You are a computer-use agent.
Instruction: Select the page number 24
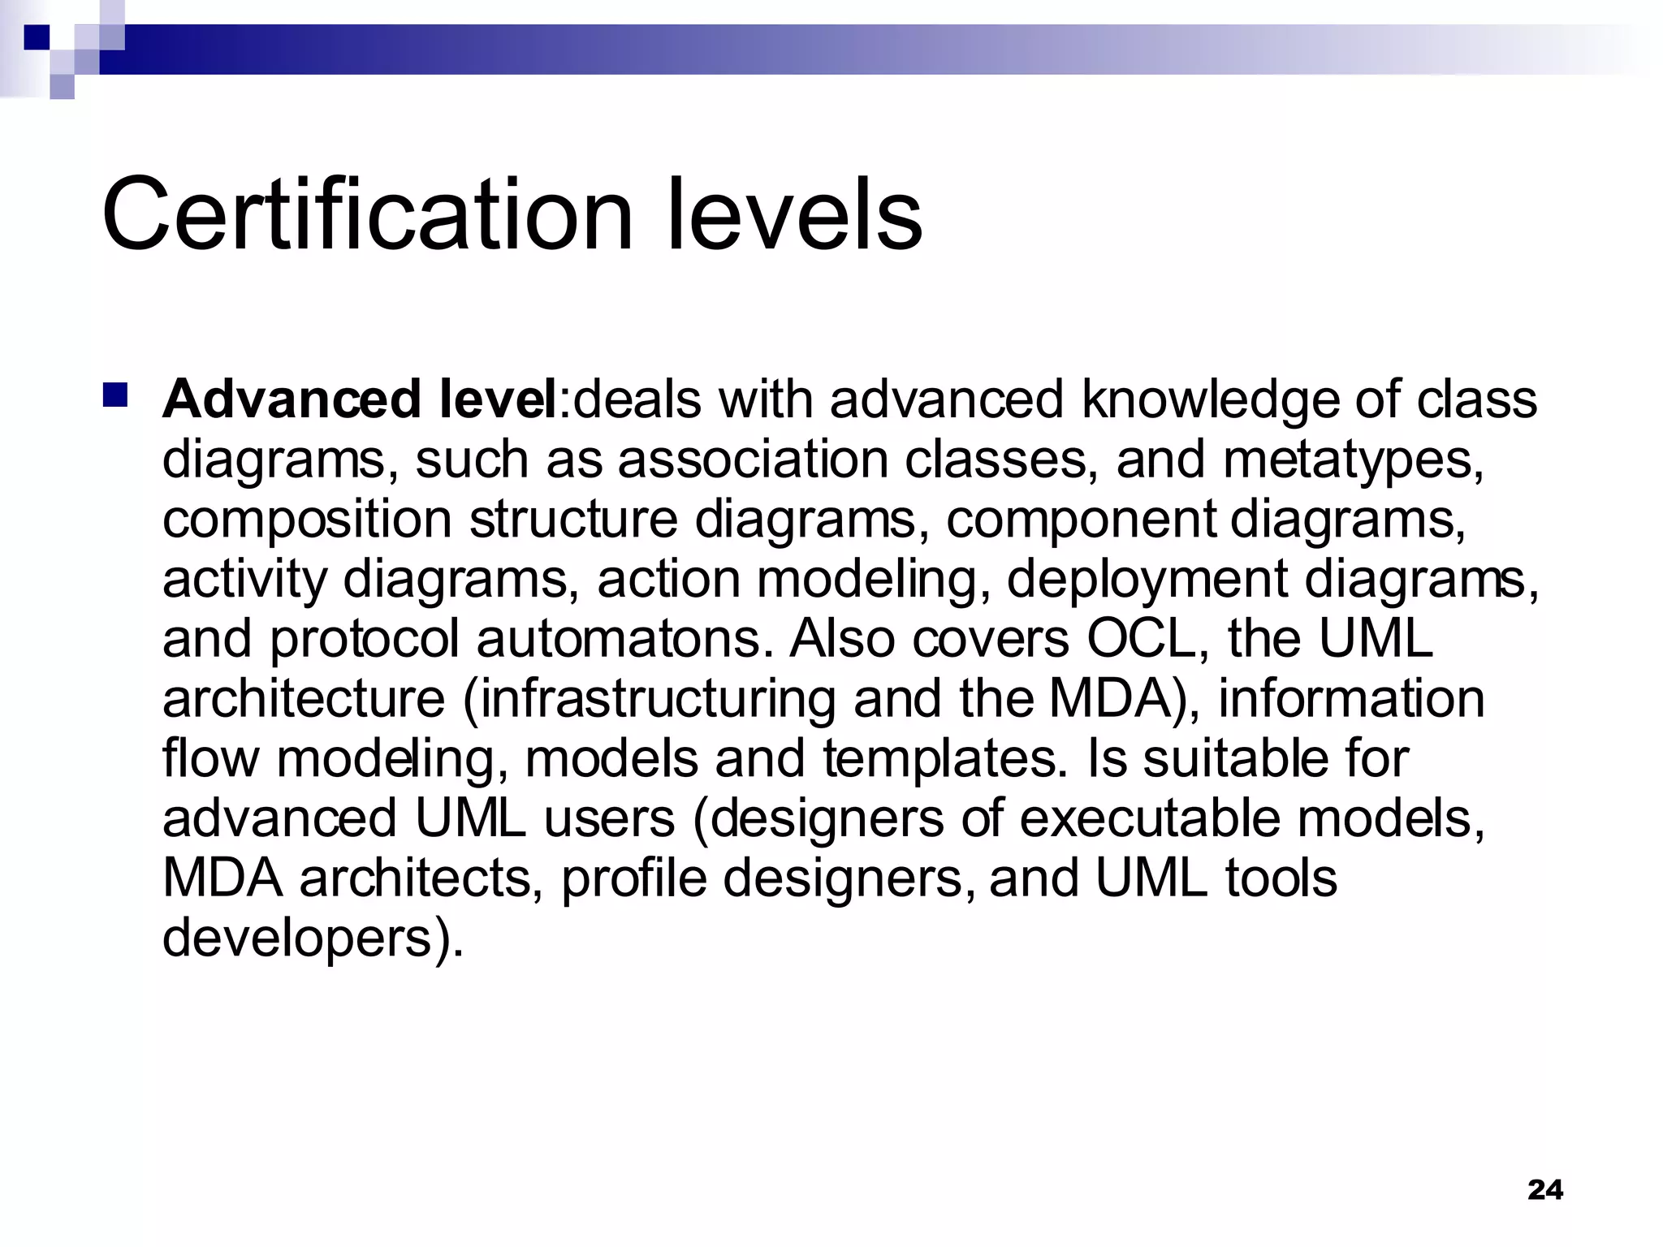[x=1544, y=1189]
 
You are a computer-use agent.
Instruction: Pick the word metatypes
[x=1353, y=460]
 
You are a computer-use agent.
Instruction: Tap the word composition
[x=307, y=520]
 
